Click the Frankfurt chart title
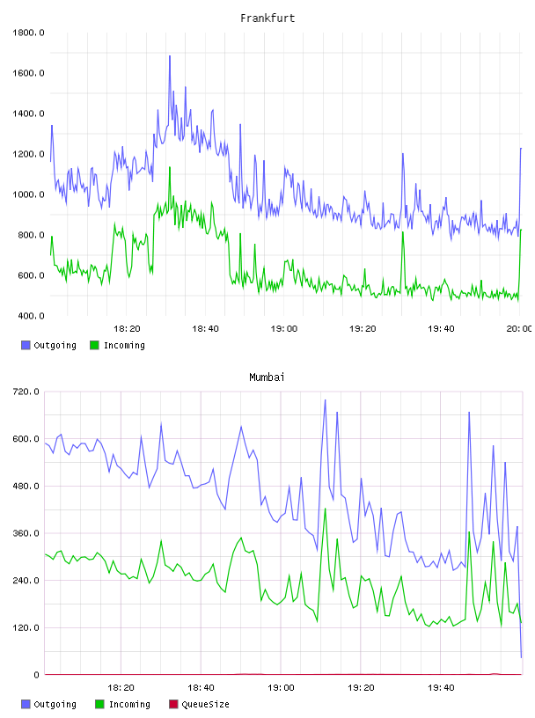[x=267, y=18]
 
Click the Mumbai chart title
[x=267, y=377]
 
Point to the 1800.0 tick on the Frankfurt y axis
[x=28, y=33]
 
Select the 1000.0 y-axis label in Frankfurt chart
[x=28, y=194]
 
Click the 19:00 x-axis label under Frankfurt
[x=284, y=329]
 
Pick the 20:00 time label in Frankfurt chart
[x=519, y=329]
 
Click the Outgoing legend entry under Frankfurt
[x=49, y=345]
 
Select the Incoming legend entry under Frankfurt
[x=118, y=345]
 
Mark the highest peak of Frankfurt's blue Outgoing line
[x=170, y=56]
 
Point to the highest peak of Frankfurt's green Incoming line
[x=170, y=167]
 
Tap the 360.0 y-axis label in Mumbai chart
[x=26, y=533]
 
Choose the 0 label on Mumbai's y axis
[x=37, y=675]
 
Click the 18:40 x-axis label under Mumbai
[x=201, y=688]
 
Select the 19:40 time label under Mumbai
[x=441, y=688]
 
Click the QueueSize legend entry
[x=199, y=704]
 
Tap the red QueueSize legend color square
[x=173, y=704]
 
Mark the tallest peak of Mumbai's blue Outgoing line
[x=326, y=400]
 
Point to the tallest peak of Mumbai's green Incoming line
[x=326, y=509]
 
